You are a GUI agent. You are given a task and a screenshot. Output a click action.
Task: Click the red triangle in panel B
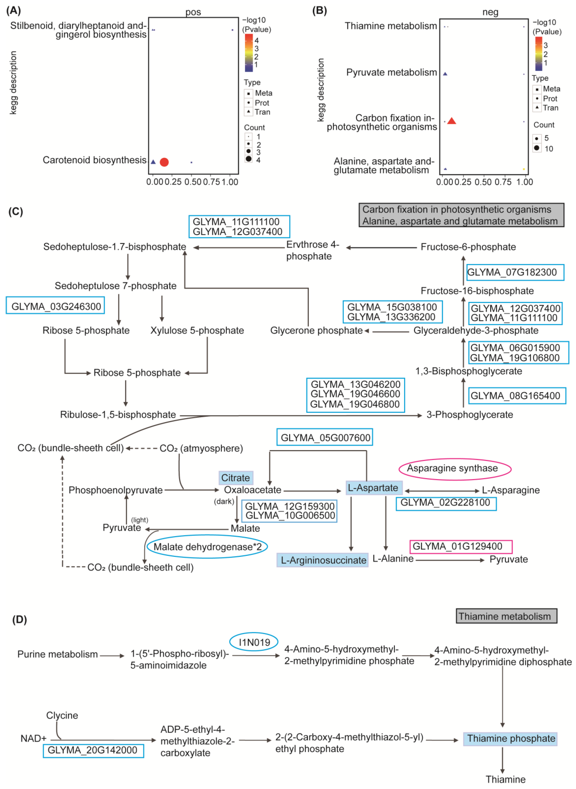452,121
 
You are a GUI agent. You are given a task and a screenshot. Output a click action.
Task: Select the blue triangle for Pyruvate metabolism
445,74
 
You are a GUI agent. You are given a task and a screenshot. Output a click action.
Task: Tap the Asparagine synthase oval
455,468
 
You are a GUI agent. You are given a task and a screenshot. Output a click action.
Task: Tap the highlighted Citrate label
236,477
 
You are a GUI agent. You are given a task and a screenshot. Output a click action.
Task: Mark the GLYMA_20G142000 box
93,750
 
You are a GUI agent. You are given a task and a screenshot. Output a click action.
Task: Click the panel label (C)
16,212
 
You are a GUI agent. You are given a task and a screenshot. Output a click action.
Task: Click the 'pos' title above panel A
193,12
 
